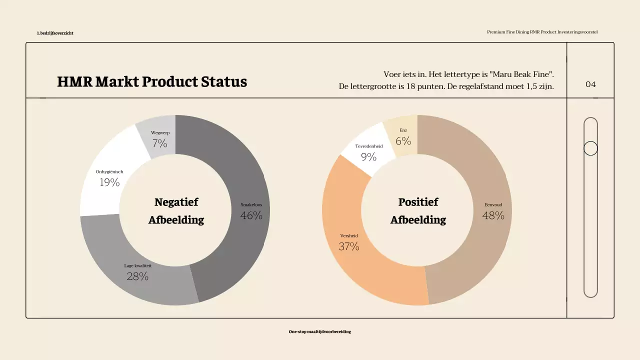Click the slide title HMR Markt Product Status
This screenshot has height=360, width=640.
(x=152, y=82)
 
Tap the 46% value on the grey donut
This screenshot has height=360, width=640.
(x=251, y=215)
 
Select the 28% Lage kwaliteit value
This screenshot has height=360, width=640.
(x=137, y=276)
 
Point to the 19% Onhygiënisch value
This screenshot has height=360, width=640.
(x=109, y=182)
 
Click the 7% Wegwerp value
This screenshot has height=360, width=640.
(x=160, y=144)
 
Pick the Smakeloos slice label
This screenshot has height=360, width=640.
(x=251, y=204)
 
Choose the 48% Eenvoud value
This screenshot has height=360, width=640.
(x=493, y=215)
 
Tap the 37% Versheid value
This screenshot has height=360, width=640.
(x=349, y=246)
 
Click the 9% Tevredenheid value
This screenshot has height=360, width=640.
(x=368, y=157)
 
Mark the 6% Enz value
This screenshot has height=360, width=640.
(x=403, y=141)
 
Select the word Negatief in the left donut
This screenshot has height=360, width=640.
(x=176, y=202)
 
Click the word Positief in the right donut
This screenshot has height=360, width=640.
(x=418, y=202)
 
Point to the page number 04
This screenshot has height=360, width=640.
(x=590, y=84)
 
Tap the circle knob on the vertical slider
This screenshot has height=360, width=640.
(x=590, y=148)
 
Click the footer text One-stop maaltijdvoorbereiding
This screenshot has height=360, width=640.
(x=320, y=331)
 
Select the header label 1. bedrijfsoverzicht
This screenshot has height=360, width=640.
(x=55, y=33)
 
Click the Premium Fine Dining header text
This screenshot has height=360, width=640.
(x=542, y=32)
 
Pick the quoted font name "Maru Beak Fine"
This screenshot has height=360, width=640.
(x=522, y=74)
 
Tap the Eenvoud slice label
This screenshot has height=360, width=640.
(x=493, y=204)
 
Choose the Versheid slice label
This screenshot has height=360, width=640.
(x=349, y=235)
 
